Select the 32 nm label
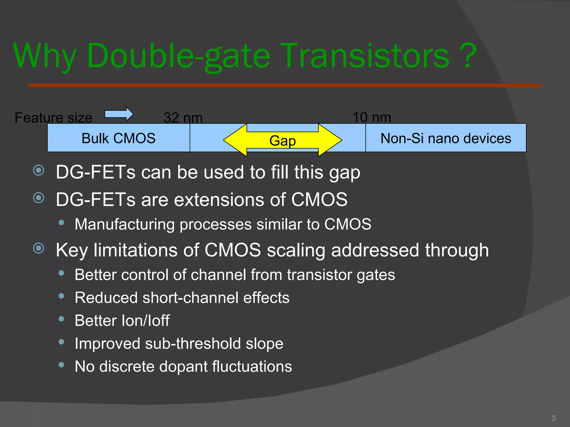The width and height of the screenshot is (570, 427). point(183,118)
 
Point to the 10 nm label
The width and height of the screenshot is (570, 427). point(372,117)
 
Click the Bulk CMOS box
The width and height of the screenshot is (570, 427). point(119,138)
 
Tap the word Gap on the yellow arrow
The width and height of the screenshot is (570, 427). point(282,141)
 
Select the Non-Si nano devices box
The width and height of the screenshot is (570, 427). point(446,138)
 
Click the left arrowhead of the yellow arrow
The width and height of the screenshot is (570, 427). point(235,140)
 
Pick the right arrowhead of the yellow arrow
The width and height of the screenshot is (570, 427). point(330,140)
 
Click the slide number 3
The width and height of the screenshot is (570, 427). point(553,418)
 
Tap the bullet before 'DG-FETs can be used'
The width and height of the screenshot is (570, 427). point(39,170)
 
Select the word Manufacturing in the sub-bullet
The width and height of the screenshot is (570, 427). point(124,224)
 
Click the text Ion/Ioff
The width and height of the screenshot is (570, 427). point(146,321)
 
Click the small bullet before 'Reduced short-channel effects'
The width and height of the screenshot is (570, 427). point(62,296)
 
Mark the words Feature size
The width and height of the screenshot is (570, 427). point(53,118)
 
